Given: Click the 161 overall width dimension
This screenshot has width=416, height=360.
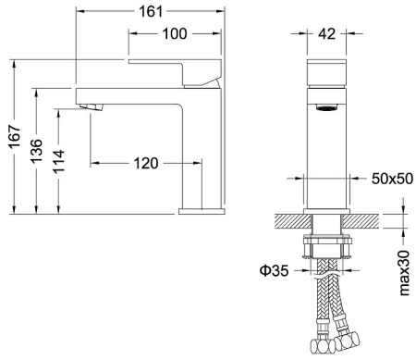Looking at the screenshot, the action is point(151,12).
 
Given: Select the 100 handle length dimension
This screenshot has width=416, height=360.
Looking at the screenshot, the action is point(175,33).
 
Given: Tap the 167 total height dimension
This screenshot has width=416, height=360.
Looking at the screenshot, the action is point(15,137).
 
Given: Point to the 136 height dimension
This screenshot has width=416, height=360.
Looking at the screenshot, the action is point(36,151).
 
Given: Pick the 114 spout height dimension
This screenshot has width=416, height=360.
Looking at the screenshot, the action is point(58,161).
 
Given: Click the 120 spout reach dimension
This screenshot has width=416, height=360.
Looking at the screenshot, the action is point(146,163).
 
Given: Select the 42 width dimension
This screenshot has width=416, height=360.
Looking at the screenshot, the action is point(326,33).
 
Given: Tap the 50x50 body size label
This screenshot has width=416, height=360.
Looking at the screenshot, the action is point(392,179).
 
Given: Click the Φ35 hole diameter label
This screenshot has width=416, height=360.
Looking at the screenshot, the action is point(275,271).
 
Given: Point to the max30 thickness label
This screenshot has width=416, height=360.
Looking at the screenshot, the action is point(404,273).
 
